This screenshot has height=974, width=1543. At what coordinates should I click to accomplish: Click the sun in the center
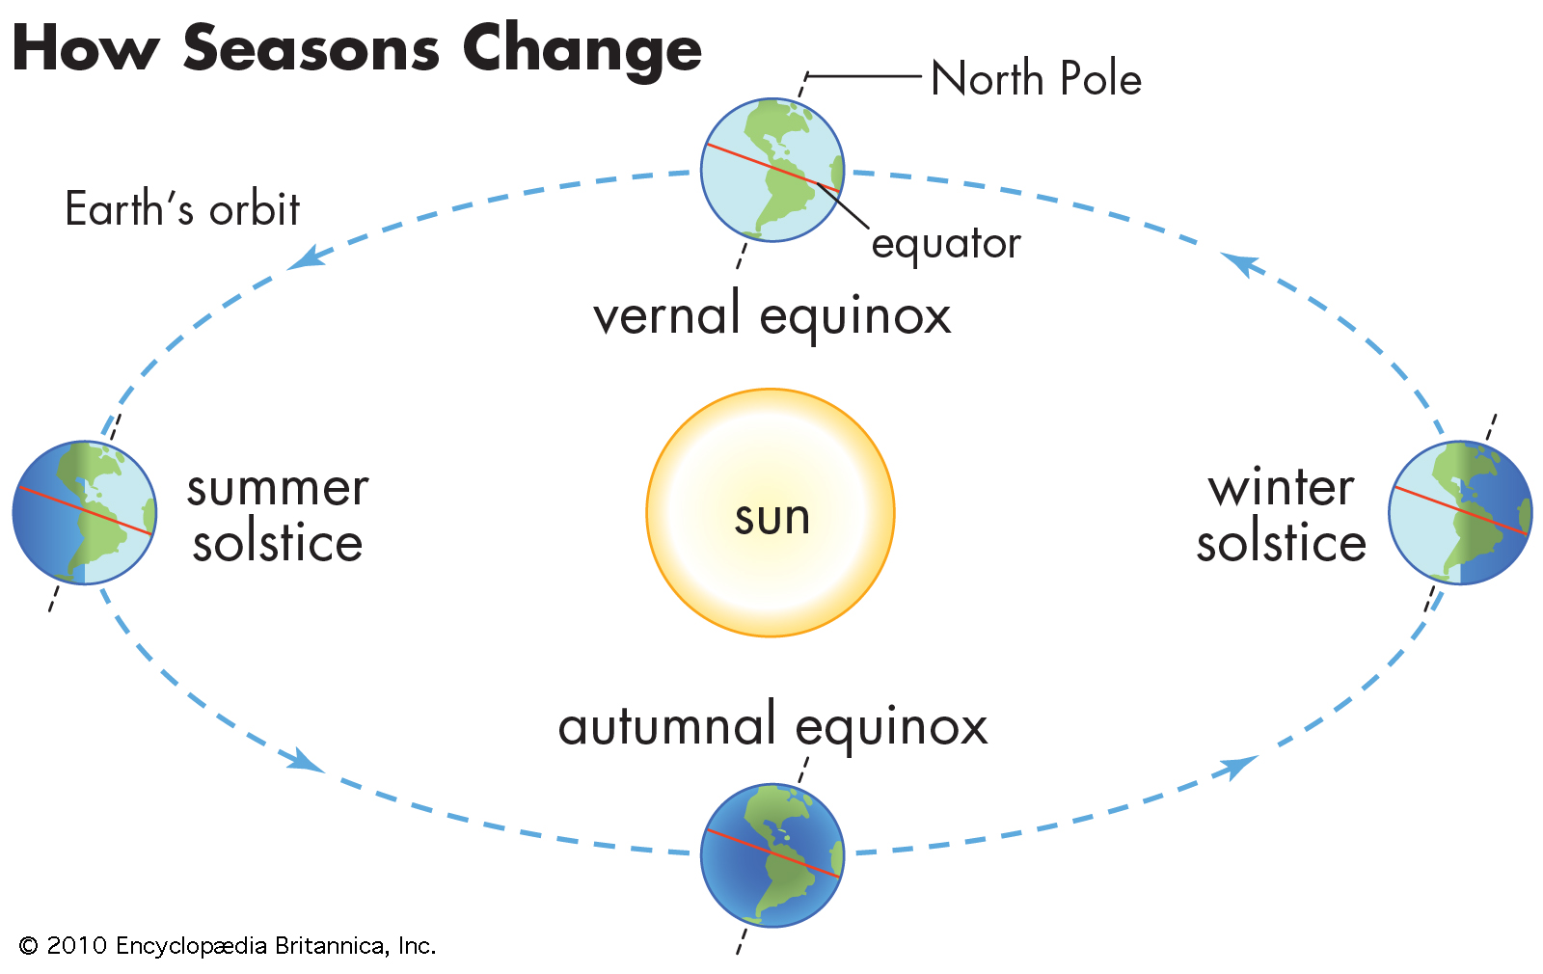(x=771, y=512)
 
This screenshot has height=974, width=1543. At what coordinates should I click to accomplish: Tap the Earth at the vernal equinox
(x=772, y=170)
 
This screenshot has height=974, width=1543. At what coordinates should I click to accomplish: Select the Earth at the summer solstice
(x=85, y=512)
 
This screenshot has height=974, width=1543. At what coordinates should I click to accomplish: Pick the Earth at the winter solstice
(x=1460, y=512)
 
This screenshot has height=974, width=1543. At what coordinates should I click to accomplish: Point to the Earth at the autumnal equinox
(x=772, y=854)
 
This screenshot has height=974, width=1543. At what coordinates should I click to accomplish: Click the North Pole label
(x=1036, y=78)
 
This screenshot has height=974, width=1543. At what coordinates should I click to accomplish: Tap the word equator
(x=946, y=245)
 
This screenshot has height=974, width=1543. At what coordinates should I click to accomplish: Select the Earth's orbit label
(x=182, y=208)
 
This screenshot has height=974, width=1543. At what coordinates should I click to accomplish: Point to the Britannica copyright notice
(x=228, y=946)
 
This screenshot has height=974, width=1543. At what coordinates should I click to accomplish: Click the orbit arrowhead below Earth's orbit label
(x=306, y=258)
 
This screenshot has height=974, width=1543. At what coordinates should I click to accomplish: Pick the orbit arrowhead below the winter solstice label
(x=1236, y=766)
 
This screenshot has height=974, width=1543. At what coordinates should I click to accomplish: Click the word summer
(x=278, y=488)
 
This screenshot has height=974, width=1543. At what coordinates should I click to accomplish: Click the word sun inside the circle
(x=772, y=519)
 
